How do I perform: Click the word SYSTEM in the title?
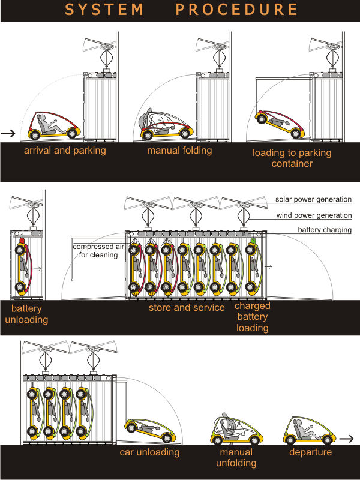[104, 10]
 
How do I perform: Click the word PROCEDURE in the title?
[238, 10]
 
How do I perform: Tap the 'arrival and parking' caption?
[65, 151]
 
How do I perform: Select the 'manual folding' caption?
[179, 151]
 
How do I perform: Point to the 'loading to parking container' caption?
[292, 158]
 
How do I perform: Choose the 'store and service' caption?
[187, 308]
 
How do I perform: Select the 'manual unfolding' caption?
[236, 457]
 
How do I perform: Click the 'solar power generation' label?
[313, 199]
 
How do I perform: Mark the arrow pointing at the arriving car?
[8, 133]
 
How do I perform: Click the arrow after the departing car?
[346, 439]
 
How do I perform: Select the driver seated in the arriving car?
[47, 124]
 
